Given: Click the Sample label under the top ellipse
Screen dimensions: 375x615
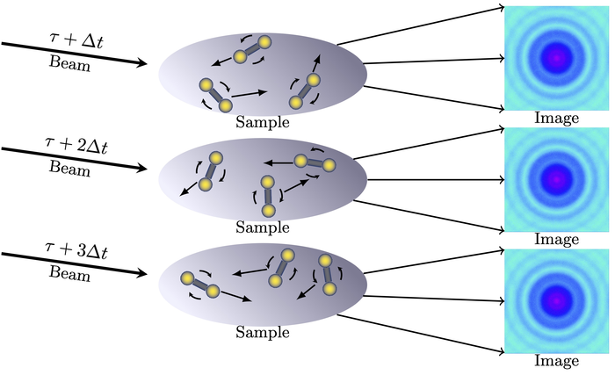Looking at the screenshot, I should click(263, 122).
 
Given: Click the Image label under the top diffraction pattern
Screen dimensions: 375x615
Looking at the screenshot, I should click(555, 118).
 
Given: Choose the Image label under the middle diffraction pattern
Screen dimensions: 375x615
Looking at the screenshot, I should click(555, 239).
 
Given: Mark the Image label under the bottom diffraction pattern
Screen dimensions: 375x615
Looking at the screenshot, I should click(555, 361).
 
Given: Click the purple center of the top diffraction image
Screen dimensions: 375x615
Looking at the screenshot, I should click(555, 57).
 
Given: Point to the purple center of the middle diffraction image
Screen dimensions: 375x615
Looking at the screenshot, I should click(555, 178).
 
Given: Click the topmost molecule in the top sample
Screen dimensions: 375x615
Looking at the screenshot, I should click(251, 50).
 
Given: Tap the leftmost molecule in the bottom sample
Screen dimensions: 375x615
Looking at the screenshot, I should click(199, 285).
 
